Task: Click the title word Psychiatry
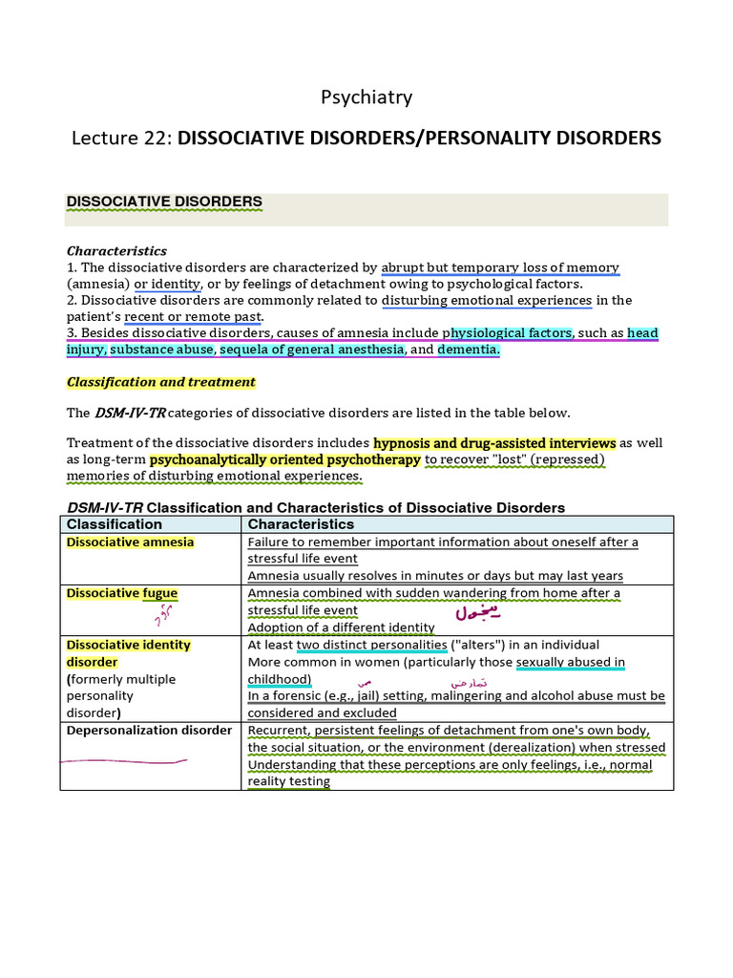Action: pos(366,97)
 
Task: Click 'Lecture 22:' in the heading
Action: pos(121,138)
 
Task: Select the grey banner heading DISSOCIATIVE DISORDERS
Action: pos(163,202)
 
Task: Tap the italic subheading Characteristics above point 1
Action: pos(116,251)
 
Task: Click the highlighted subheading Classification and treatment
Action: pos(160,382)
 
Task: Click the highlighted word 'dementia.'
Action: pos(468,350)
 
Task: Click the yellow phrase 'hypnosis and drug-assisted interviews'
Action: pos(494,443)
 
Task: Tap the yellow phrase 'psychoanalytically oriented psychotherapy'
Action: pos(284,459)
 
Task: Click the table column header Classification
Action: pos(115,524)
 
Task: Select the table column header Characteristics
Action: pos(301,524)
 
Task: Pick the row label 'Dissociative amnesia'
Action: pos(130,542)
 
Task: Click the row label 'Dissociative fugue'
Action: pos(121,593)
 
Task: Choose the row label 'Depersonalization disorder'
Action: pos(149,731)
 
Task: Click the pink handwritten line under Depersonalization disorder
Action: pos(124,761)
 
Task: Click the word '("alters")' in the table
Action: pos(484,645)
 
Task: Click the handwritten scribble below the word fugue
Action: pos(163,617)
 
